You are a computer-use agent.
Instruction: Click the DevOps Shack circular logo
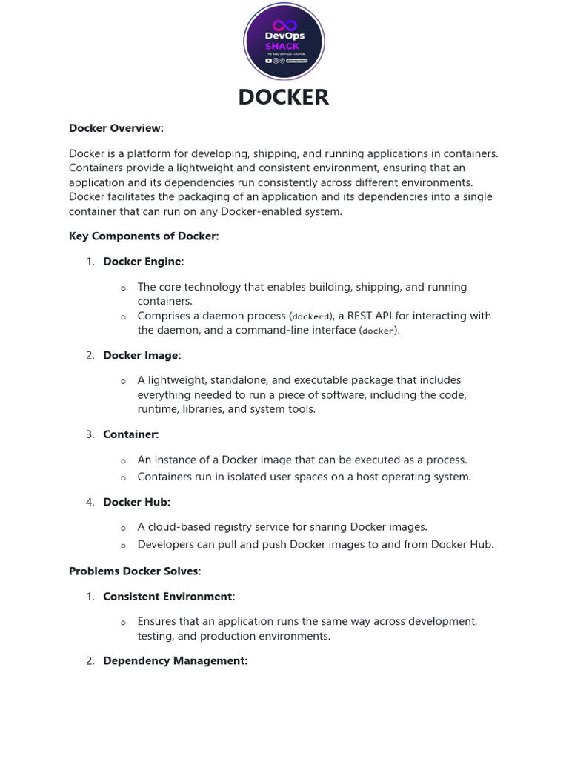pyautogui.click(x=284, y=41)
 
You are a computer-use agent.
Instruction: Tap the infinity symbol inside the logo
pyautogui.click(x=284, y=25)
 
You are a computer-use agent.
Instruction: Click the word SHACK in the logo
pyautogui.click(x=282, y=46)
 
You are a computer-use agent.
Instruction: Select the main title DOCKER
pyautogui.click(x=284, y=97)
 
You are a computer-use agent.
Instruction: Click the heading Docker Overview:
pyautogui.click(x=116, y=128)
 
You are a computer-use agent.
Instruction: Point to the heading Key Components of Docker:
pyautogui.click(x=144, y=236)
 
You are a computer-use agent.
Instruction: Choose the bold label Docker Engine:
pyautogui.click(x=143, y=262)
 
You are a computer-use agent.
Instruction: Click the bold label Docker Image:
pyautogui.click(x=142, y=356)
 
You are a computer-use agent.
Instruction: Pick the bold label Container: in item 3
pyautogui.click(x=130, y=434)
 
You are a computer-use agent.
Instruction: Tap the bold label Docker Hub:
pyautogui.click(x=136, y=502)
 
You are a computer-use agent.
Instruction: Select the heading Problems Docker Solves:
pyautogui.click(x=135, y=571)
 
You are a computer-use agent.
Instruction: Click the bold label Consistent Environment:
pyautogui.click(x=169, y=597)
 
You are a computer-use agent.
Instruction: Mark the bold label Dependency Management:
pyautogui.click(x=175, y=660)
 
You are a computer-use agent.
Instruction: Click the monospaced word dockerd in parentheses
pyautogui.click(x=310, y=316)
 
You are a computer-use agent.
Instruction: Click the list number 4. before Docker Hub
pyautogui.click(x=90, y=502)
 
